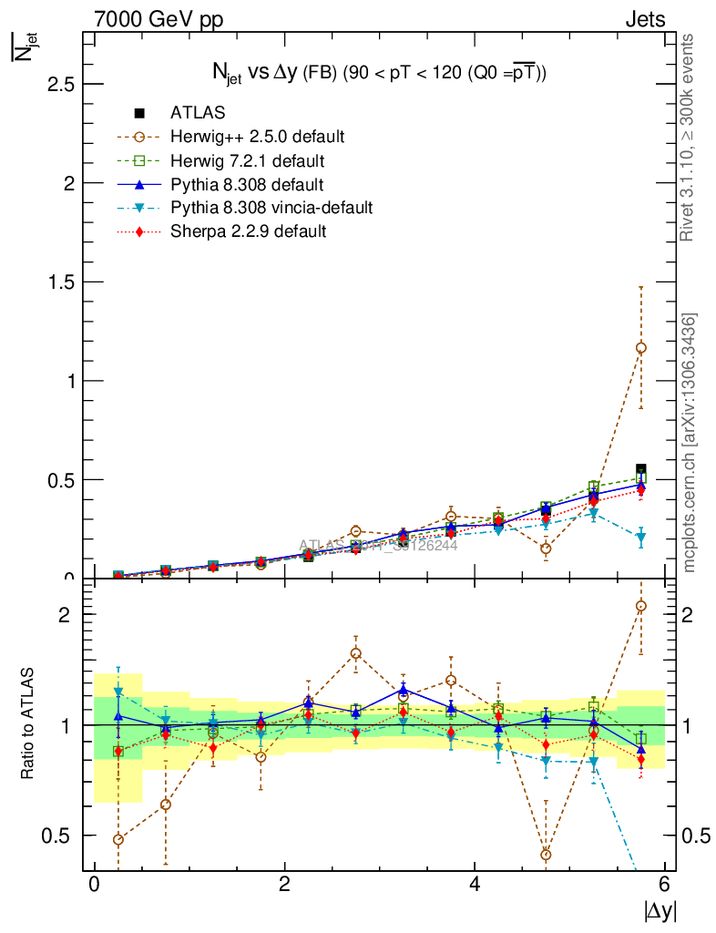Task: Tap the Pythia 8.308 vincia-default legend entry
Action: click(x=271, y=208)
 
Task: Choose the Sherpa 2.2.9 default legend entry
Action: click(x=248, y=231)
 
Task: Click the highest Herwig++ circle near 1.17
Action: click(x=641, y=347)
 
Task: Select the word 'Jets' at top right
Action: click(x=644, y=19)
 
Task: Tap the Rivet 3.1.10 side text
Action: click(x=689, y=137)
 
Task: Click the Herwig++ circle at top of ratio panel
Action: click(x=641, y=606)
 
